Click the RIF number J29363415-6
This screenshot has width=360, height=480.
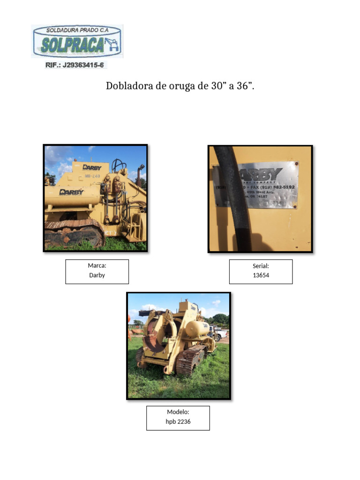(x=75, y=65)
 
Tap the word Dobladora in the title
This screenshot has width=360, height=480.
(x=126, y=86)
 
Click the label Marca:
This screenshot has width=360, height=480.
(x=97, y=266)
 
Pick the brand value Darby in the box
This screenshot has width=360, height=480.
(x=97, y=275)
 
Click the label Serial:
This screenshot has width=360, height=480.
(x=261, y=266)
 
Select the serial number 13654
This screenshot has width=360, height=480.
(x=261, y=275)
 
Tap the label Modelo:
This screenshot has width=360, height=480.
(x=178, y=412)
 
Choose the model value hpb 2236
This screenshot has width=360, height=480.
(x=178, y=421)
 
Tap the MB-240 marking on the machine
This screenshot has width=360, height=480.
(x=92, y=176)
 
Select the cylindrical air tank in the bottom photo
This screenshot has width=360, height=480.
(x=197, y=328)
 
